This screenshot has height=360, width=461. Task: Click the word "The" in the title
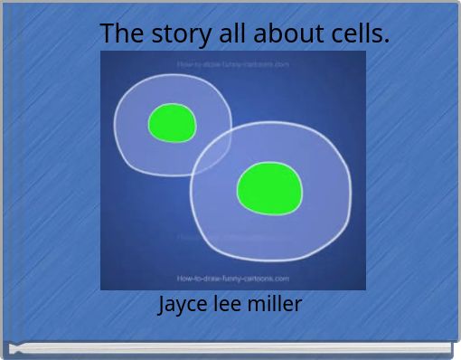click(119, 33)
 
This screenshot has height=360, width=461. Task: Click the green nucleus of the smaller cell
click(172, 123)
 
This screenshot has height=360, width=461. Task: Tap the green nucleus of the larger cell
click(268, 188)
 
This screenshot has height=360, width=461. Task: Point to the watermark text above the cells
click(232, 64)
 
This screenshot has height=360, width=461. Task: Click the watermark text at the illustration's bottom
click(232, 279)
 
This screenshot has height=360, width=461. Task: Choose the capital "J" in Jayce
click(163, 305)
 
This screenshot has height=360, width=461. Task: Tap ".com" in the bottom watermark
click(279, 279)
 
